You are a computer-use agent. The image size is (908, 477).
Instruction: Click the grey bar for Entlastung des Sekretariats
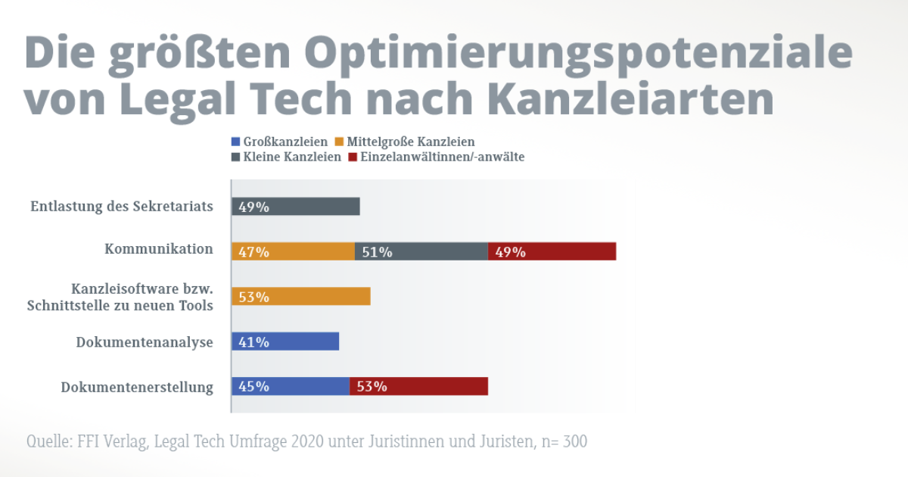[x=296, y=206]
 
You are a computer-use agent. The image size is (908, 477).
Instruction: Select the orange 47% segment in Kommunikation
[x=294, y=251]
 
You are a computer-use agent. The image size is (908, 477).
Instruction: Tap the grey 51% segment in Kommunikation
[x=421, y=251]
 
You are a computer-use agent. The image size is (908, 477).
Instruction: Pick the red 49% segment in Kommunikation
[x=552, y=251]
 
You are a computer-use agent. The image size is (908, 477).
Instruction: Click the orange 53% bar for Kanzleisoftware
[x=301, y=297]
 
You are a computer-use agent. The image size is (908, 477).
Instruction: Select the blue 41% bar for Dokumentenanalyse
[x=285, y=341]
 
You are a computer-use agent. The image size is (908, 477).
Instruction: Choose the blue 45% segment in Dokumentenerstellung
[x=291, y=386]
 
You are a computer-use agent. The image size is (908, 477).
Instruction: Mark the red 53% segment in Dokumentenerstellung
[x=418, y=386]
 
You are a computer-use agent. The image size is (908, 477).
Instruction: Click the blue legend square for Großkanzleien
[x=235, y=142]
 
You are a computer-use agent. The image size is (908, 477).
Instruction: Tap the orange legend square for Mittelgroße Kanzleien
[x=339, y=142]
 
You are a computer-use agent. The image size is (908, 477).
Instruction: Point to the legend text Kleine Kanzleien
[x=292, y=157]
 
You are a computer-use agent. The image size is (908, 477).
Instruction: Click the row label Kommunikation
[x=159, y=249]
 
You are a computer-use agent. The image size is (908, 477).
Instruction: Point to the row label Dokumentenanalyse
[x=145, y=342]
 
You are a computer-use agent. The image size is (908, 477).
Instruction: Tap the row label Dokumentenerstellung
[x=137, y=388]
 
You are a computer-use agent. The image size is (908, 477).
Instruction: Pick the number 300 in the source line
[x=574, y=441]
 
